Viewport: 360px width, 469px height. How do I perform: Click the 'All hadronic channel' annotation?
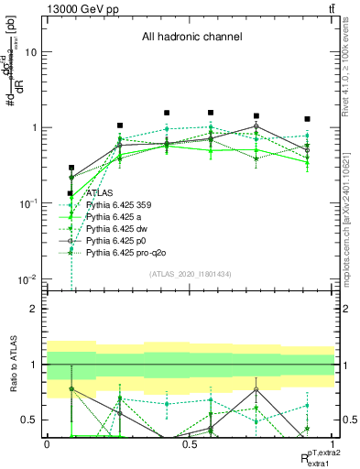(191, 38)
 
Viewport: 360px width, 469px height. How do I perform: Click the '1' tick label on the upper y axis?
(34, 127)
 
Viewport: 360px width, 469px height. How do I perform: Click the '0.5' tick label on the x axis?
(190, 443)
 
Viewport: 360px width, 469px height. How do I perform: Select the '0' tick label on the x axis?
(47, 443)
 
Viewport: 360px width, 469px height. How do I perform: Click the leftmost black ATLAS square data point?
(71, 169)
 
